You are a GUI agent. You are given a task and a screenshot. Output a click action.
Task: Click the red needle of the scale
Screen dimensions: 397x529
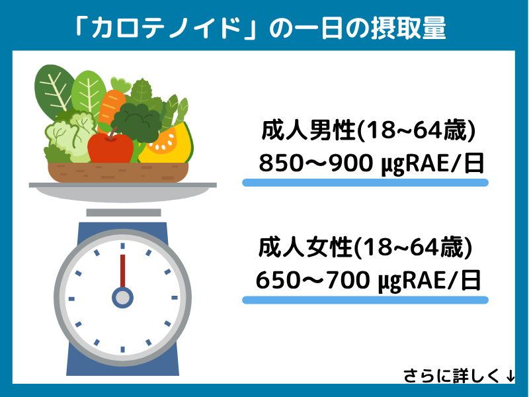(x=122, y=271)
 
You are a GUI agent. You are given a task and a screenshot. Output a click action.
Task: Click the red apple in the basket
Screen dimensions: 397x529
(x=110, y=147)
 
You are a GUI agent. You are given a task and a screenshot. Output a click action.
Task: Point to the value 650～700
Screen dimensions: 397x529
(x=311, y=281)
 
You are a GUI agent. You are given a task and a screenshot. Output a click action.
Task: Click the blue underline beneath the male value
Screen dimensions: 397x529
(x=365, y=182)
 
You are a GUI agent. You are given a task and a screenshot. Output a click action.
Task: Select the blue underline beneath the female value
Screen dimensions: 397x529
(x=365, y=300)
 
